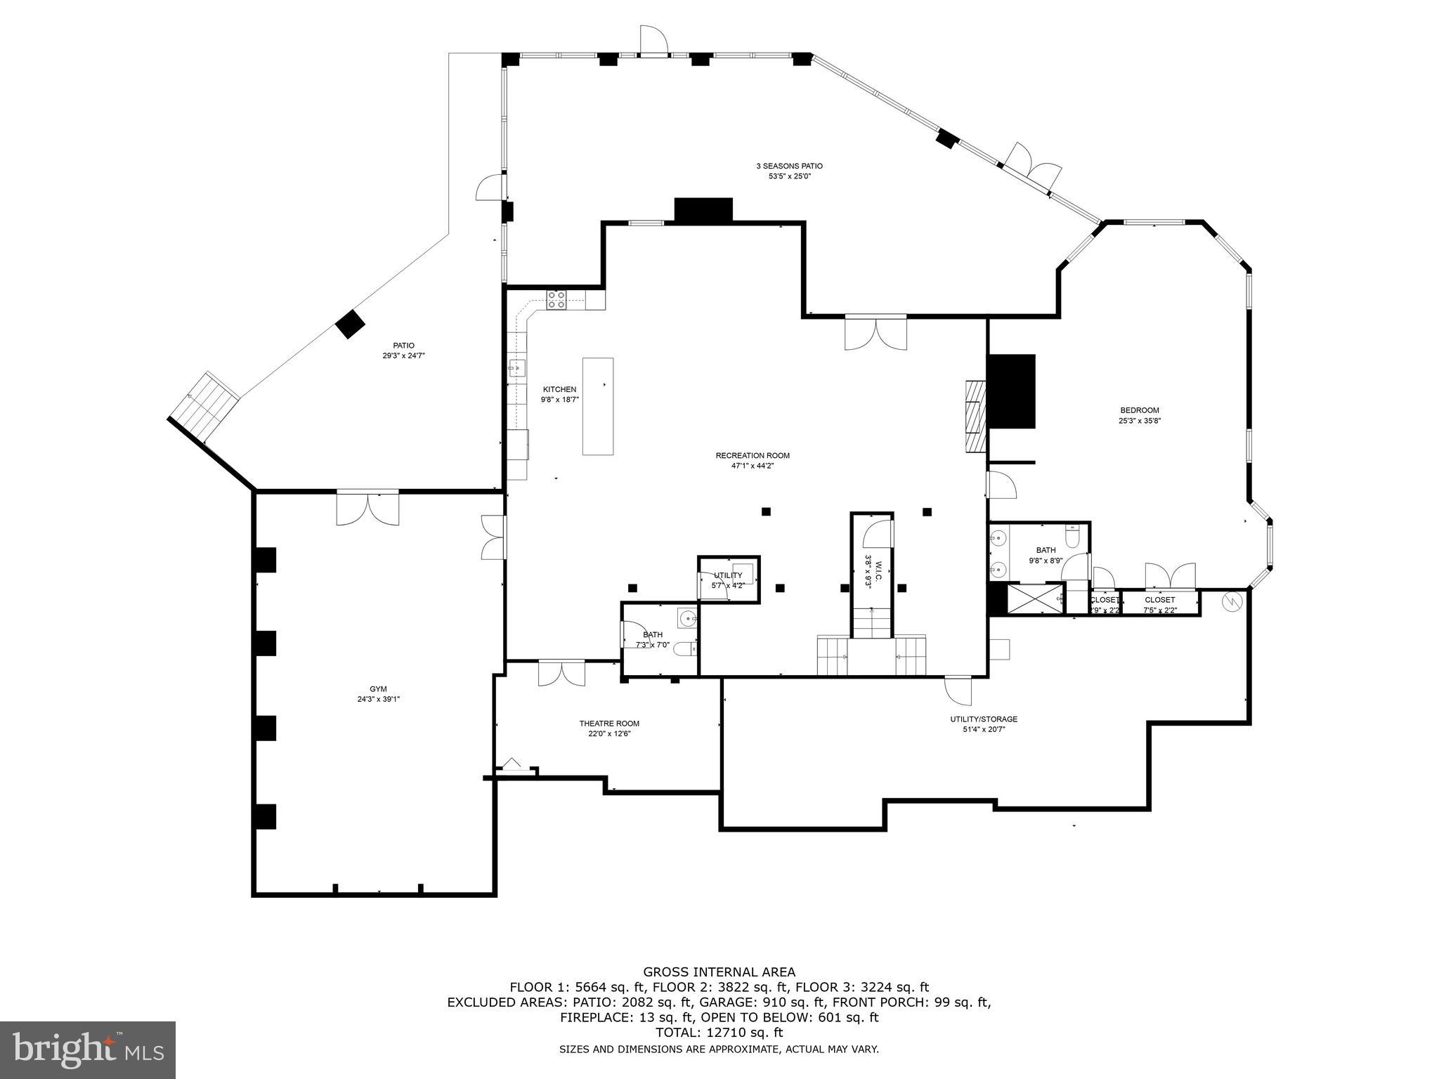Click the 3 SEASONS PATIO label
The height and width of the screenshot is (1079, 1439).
pos(789,166)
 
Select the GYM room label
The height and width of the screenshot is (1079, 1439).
pos(378,688)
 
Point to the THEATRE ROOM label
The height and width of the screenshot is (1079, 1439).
pos(609,724)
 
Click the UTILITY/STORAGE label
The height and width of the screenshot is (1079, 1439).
pos(984,719)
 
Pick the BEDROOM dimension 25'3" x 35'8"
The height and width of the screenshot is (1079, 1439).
pos(1139,421)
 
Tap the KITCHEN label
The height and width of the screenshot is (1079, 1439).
pos(559,389)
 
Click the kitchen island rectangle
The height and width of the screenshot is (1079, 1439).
pos(597,406)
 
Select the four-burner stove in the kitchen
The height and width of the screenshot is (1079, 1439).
pos(556,300)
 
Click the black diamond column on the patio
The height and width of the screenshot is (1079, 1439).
pos(350,324)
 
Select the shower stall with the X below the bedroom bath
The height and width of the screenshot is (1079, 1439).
pos(1035,599)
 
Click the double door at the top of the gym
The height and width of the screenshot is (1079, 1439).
pos(367,509)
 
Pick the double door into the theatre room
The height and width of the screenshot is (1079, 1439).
pos(561,672)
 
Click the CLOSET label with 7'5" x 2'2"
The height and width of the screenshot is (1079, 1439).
pos(1159,600)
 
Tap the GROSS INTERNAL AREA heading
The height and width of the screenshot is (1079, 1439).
pos(719,972)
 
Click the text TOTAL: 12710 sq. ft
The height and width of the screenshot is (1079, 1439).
pos(719,1033)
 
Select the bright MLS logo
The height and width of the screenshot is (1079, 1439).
pos(88,1050)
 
